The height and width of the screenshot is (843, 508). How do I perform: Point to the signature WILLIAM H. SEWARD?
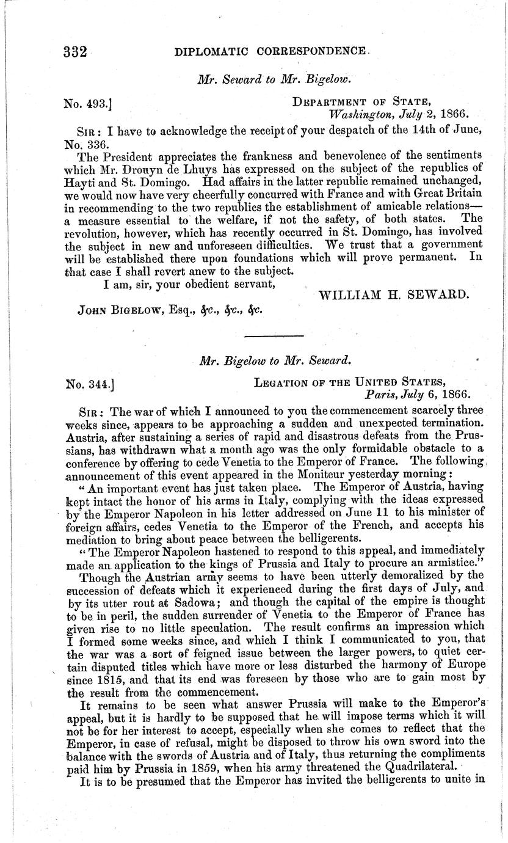point(393,294)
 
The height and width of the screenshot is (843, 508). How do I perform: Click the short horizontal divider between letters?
point(274,336)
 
